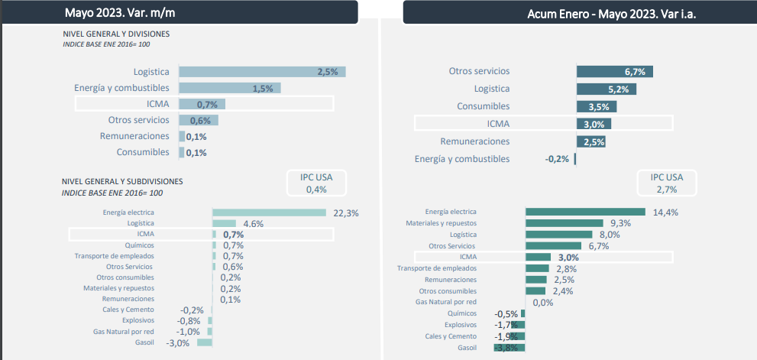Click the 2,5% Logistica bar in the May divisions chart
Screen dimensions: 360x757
coord(261,72)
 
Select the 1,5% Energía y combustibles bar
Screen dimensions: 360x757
coord(229,88)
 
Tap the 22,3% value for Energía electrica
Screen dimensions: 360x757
coord(346,212)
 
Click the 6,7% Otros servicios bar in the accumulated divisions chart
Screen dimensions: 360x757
coord(614,72)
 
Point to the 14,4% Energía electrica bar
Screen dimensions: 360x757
coord(585,212)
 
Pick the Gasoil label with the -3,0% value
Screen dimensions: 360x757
coord(144,342)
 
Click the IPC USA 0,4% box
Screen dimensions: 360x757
coord(316,183)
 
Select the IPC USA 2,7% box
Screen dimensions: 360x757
coord(667,183)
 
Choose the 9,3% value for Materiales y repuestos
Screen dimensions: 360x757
coord(620,223)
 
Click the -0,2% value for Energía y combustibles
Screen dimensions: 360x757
coord(557,159)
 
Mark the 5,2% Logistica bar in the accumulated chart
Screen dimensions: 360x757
coord(606,89)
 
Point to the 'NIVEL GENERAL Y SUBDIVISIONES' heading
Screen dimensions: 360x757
coord(122,181)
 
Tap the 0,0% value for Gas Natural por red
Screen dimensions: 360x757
coord(542,303)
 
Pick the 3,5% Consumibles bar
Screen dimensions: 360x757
coord(596,106)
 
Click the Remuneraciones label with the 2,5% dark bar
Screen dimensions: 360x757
coord(474,141)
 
